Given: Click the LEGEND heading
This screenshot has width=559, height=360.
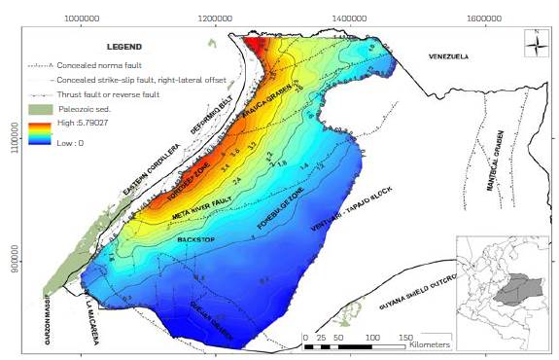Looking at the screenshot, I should [123, 47].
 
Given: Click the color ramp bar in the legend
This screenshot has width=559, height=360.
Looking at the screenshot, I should [39, 134].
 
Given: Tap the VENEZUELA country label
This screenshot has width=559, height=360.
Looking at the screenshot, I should [448, 57].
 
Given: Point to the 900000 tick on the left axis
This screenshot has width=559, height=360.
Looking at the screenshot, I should [12, 264].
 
